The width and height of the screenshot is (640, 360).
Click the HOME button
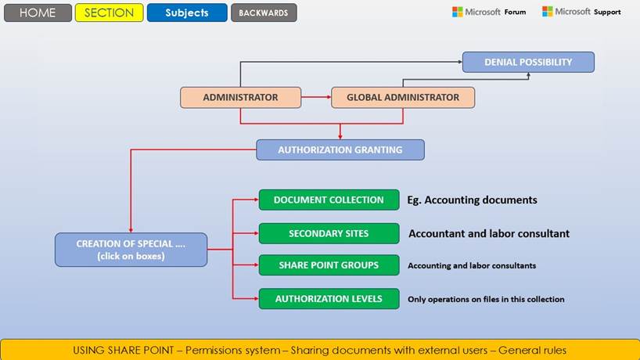click(38, 13)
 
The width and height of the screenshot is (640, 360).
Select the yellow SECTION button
click(110, 13)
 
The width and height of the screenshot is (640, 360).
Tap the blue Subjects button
click(187, 13)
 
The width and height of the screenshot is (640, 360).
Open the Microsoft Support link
click(581, 12)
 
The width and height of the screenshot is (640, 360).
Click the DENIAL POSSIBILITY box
click(528, 62)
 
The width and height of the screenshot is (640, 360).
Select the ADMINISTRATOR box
click(240, 98)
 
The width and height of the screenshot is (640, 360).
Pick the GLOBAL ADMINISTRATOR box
click(403, 98)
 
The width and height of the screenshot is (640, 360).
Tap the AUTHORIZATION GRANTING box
click(340, 149)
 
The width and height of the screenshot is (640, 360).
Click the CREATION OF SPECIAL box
click(131, 250)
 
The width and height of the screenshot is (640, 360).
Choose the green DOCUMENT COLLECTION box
click(329, 200)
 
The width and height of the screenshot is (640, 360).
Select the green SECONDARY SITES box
click(329, 233)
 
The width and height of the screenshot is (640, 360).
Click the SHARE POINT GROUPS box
click(329, 265)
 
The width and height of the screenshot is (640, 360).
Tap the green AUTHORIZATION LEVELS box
click(329, 298)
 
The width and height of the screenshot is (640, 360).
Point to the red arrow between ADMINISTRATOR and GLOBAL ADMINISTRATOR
click(316, 98)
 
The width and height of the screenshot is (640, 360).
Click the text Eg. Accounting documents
click(472, 200)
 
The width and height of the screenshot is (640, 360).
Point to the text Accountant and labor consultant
click(489, 233)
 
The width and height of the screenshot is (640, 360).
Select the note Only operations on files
click(486, 299)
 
